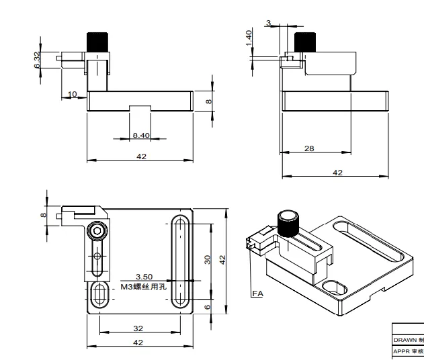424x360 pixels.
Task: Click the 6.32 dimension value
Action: coord(38,60)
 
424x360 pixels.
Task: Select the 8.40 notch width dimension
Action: coord(141,135)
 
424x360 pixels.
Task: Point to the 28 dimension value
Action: coord(309,148)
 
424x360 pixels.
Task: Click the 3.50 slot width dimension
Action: coord(144,276)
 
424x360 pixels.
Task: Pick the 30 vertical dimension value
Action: coord(208,259)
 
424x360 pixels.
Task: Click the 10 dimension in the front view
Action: coord(73,93)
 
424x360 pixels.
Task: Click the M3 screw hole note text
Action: coord(143,287)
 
